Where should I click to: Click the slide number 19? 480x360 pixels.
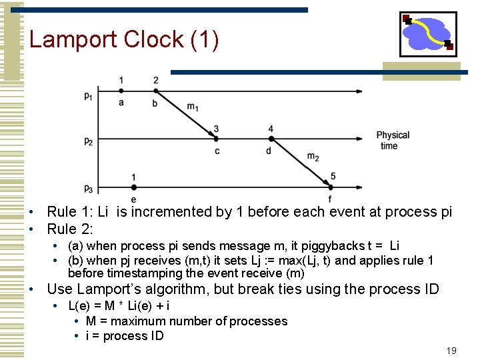point(451,351)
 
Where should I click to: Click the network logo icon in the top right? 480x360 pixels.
point(428,34)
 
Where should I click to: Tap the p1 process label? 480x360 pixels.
point(89,96)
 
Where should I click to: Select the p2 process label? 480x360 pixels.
point(89,141)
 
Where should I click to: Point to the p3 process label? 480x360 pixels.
point(89,187)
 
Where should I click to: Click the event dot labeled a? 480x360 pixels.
point(121,89)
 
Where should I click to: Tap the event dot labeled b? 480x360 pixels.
point(155,89)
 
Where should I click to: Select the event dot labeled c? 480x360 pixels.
point(216,139)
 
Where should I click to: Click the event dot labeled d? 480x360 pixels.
point(271,139)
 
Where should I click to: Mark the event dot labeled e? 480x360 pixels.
point(134,186)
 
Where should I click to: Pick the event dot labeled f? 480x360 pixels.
point(330,186)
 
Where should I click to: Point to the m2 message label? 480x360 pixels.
point(313,157)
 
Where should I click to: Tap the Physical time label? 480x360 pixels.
point(392,140)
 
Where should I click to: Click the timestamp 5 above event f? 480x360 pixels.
point(333,176)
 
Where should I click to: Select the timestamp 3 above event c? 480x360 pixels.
point(216,129)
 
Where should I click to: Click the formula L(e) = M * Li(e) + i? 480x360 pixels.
point(119,305)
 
